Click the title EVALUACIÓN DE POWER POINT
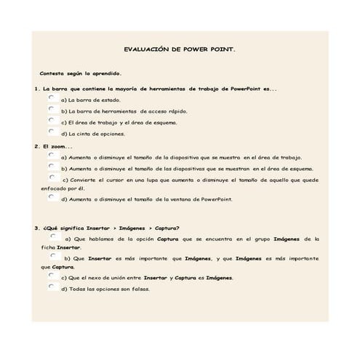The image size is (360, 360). pos(180,52)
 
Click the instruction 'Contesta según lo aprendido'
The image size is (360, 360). pos(81,73)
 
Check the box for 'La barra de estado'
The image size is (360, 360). pos(52,97)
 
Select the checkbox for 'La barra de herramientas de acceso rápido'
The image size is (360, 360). pos(52,109)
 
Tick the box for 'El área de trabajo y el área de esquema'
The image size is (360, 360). pos(52,120)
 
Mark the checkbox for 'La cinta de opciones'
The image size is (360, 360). pos(52,132)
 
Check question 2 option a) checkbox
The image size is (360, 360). pos(52,155)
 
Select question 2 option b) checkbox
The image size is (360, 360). pos(52,166)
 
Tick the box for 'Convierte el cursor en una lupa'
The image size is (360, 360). pos(52,177)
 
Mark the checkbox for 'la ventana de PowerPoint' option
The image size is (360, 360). pos(52,196)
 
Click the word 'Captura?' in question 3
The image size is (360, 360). pos(162,228)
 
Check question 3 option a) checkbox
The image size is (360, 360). pos(54,236)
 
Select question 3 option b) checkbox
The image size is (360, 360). pos(54,256)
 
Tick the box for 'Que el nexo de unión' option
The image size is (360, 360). pos(52,276)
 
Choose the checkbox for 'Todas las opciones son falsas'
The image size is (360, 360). pos(52,287)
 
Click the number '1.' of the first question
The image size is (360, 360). pos(36,88)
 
